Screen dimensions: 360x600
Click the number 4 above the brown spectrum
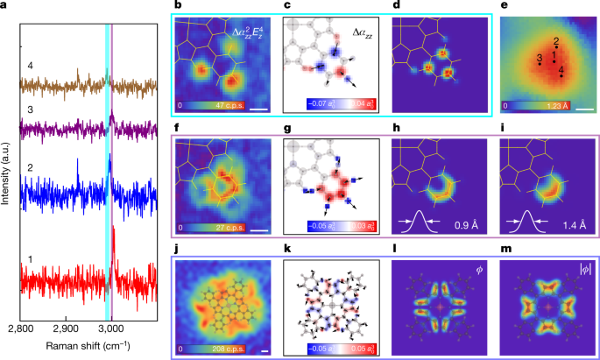[30, 66]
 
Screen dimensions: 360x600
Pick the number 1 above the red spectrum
[30, 259]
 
